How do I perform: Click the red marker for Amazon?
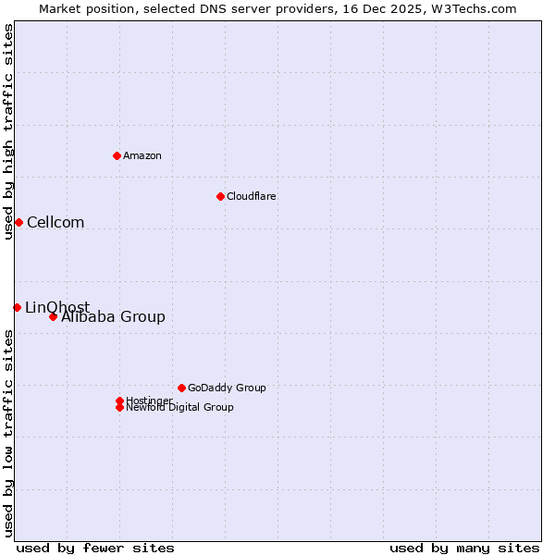click(x=117, y=155)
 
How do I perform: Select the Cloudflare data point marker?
click(x=220, y=196)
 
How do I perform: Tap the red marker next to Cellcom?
click(x=18, y=222)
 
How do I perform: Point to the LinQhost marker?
click(x=17, y=307)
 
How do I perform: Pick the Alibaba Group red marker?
click(x=53, y=316)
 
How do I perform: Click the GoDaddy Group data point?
click(x=181, y=388)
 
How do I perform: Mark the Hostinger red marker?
click(x=119, y=401)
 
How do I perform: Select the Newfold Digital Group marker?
click(x=119, y=407)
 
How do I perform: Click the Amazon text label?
click(x=142, y=155)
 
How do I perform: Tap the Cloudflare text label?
click(x=251, y=196)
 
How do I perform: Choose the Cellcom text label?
click(x=55, y=222)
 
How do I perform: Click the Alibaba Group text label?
click(x=113, y=317)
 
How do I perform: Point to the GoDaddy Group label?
click(x=227, y=388)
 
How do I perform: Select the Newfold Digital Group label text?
click(x=179, y=408)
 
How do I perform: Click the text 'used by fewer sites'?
click(x=95, y=548)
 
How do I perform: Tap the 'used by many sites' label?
click(x=464, y=548)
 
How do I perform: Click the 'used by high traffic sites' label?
click(x=8, y=131)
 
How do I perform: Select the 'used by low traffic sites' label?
click(x=8, y=432)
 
